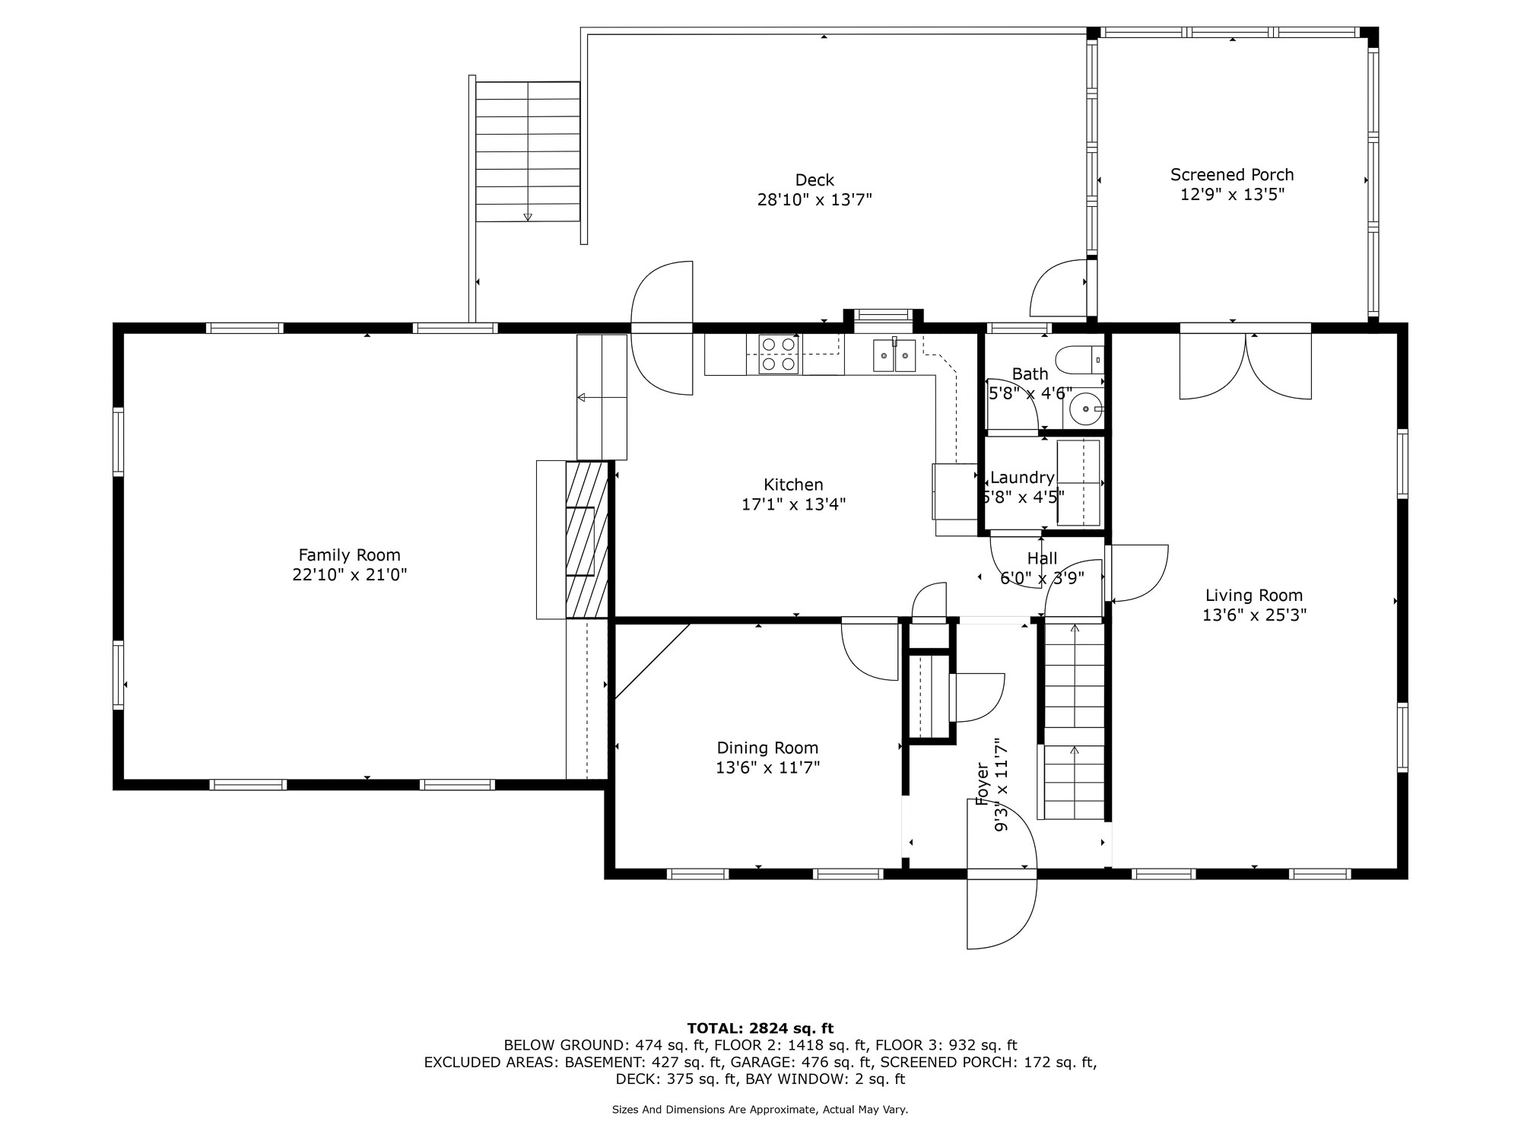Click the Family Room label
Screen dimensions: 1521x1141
(x=349, y=555)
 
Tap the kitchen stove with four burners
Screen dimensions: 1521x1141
(x=780, y=354)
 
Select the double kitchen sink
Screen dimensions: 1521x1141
(x=894, y=355)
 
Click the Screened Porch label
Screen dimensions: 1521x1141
(x=1232, y=175)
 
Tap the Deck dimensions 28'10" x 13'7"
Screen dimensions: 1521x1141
(x=814, y=200)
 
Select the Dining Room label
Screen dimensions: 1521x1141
(x=767, y=748)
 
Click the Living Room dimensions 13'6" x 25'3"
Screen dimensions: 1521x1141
(x=1254, y=615)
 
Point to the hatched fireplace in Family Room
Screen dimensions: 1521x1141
(x=587, y=539)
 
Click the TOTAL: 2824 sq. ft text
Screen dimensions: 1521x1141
(x=760, y=1028)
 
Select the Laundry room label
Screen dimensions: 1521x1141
(x=1022, y=478)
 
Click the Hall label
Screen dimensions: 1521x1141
(x=1042, y=559)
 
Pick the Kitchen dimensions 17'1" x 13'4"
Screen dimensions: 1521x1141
(x=793, y=504)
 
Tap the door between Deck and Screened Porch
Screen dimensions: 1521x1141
(x=1059, y=288)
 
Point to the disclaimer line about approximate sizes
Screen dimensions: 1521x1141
(x=760, y=1110)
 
